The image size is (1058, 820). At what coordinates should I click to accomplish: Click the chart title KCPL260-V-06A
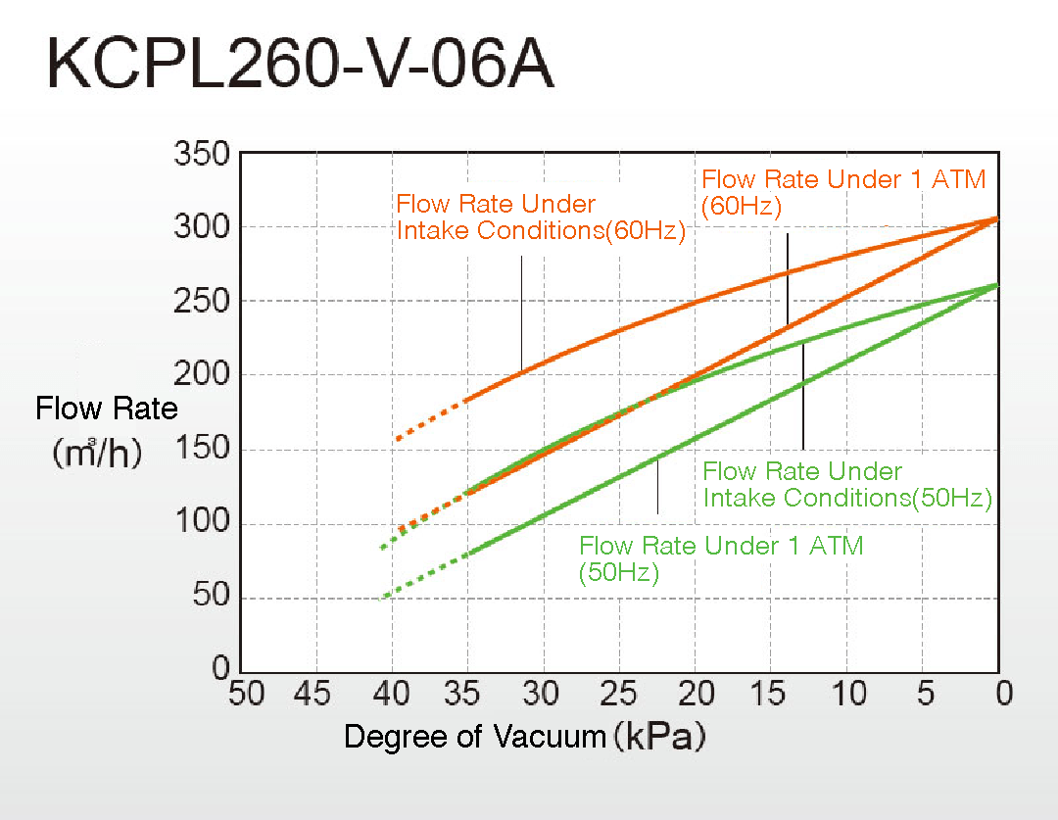click(x=300, y=68)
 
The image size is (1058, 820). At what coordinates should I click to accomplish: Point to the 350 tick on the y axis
click(x=201, y=155)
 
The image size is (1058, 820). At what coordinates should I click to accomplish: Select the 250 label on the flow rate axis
click(x=201, y=302)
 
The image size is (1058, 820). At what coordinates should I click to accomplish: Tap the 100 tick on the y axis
click(x=201, y=523)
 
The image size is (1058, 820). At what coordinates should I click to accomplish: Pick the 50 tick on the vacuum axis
click(x=246, y=695)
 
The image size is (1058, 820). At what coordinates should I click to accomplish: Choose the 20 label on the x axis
click(x=694, y=695)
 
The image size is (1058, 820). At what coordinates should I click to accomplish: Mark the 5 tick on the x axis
click(x=925, y=695)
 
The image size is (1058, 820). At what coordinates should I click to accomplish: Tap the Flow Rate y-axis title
click(x=107, y=409)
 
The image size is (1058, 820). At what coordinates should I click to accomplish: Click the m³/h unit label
click(x=97, y=454)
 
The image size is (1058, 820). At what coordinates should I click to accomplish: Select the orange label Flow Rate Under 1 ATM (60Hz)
click(x=843, y=192)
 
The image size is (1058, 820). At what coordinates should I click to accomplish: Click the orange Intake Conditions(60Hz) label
click(x=540, y=218)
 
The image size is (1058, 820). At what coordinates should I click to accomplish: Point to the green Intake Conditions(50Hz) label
click(x=847, y=485)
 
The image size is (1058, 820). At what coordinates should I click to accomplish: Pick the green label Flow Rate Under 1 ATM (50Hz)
click(x=721, y=559)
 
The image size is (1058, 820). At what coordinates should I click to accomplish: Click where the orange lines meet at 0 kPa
click(x=997, y=218)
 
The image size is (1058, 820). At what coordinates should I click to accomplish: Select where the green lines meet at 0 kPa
click(x=997, y=285)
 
